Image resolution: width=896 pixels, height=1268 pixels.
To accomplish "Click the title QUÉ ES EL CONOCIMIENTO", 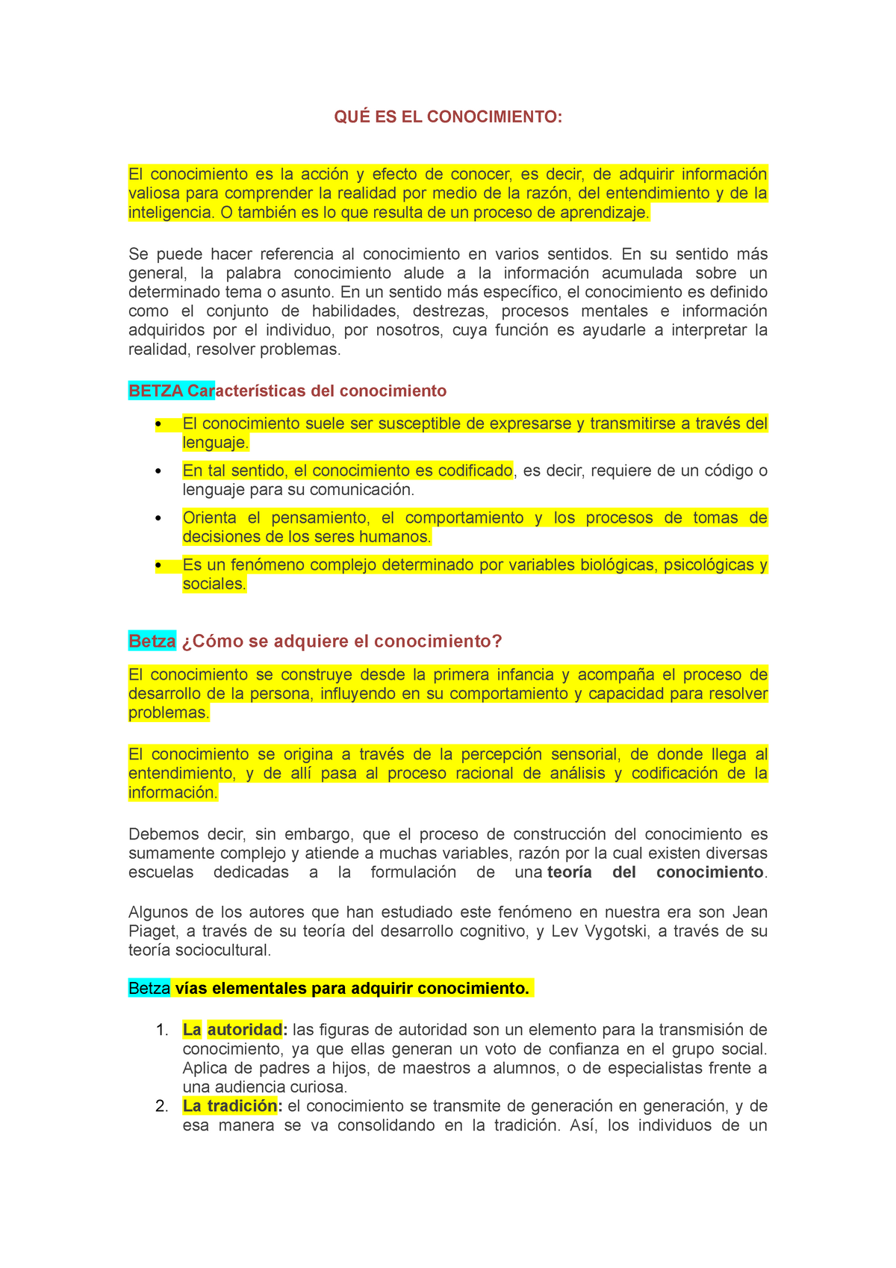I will coord(447,117).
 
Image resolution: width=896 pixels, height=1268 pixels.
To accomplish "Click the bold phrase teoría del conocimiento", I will coord(655,872).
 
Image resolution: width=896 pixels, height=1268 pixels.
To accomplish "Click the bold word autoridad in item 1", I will coord(245,1030).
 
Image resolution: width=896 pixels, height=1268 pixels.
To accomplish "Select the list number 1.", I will coord(161,1031).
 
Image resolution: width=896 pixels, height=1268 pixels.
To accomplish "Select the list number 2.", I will coord(161,1107).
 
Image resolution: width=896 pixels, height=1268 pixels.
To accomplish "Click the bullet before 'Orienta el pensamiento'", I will coord(158,518).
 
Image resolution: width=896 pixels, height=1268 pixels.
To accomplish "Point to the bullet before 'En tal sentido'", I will coord(158,471).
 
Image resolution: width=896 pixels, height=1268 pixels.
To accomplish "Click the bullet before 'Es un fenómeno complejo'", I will coord(158,565).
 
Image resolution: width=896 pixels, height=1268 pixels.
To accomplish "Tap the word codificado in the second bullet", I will coord(475,470).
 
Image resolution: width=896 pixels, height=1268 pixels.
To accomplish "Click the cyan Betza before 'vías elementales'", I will coord(149,988).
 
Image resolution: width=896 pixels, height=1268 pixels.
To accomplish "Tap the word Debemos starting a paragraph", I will coord(164,834).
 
